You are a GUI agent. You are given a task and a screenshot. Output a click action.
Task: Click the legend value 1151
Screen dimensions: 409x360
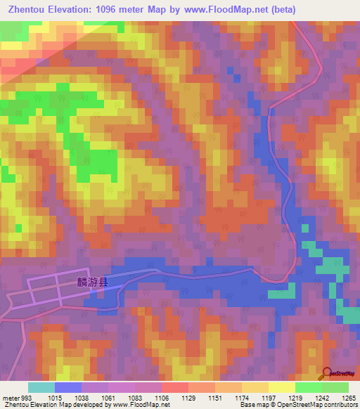215,398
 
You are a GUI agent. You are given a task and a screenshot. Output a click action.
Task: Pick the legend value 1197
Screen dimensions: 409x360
269,398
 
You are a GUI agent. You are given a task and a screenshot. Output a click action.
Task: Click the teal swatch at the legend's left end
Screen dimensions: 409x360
41,387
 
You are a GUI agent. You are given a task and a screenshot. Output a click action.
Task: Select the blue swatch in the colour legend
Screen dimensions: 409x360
68,387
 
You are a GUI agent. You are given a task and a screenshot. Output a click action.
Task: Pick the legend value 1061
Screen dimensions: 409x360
109,398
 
